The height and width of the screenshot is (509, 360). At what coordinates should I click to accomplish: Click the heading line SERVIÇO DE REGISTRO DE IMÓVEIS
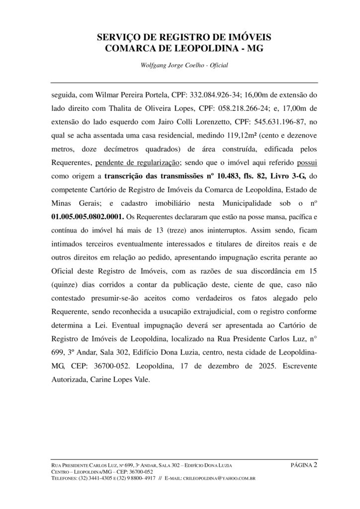click(180, 37)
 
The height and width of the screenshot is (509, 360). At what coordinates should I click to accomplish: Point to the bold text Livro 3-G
click(285, 175)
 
